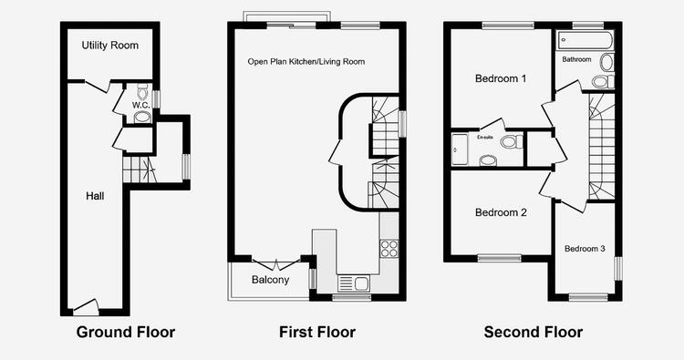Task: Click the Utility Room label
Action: tap(110, 46)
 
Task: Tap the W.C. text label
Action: tap(140, 106)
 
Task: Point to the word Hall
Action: tap(95, 196)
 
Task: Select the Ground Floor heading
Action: tap(126, 332)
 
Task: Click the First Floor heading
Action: tap(317, 332)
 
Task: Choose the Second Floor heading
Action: tap(534, 332)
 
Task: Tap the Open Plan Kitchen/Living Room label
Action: tap(306, 61)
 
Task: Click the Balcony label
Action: tap(271, 280)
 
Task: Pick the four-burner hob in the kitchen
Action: tap(389, 249)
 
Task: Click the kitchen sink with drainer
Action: tap(353, 283)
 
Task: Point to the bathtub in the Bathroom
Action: tap(585, 40)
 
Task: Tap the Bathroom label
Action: tap(576, 59)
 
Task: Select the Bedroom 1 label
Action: tap(501, 79)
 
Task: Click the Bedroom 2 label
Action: tap(501, 212)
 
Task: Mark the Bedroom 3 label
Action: tap(585, 249)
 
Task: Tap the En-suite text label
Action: tap(485, 138)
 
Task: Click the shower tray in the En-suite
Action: tap(460, 149)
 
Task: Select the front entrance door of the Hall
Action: tap(86, 307)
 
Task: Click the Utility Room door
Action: tap(97, 87)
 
